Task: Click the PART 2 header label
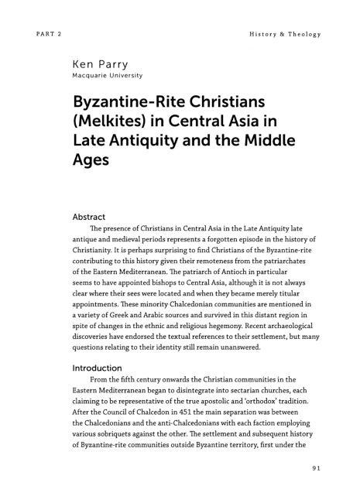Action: click(48, 34)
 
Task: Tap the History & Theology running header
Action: click(284, 34)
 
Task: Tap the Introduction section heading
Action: click(99, 368)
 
